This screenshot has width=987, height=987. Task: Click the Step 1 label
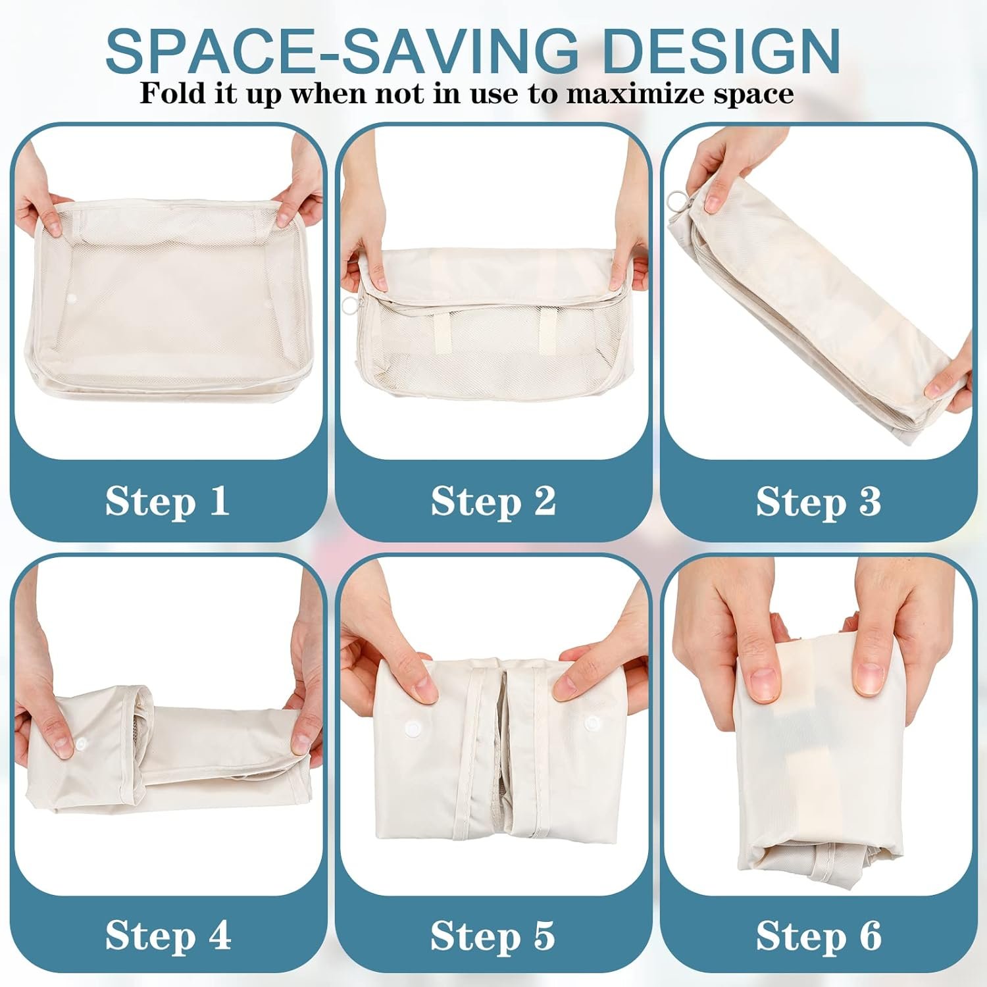tap(168, 501)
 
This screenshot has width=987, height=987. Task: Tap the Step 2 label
tap(493, 501)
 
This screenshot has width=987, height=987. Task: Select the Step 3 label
tap(819, 501)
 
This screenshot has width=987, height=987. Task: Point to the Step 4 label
tap(168, 935)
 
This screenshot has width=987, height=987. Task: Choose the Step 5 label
tap(493, 935)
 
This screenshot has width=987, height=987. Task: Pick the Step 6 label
tap(819, 935)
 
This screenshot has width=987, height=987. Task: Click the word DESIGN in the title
tap(722, 50)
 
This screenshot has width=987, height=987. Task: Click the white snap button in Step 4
tap(82, 743)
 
